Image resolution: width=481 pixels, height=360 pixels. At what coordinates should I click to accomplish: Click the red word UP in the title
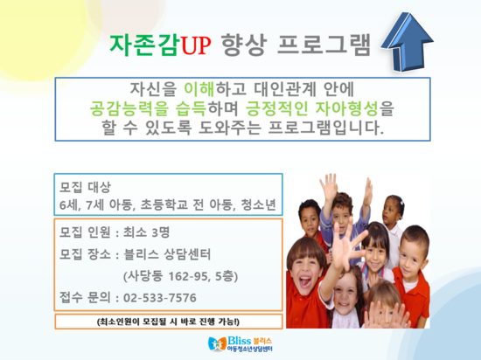(x=196, y=45)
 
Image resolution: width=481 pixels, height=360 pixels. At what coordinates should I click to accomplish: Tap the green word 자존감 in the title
(x=144, y=45)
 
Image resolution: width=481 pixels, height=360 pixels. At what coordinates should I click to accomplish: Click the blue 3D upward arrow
(x=407, y=42)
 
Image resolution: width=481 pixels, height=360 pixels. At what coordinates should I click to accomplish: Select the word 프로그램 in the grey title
(x=324, y=45)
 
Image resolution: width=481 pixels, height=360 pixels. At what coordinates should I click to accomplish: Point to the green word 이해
(x=199, y=89)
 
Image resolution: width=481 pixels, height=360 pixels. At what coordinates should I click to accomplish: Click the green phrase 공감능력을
(x=129, y=108)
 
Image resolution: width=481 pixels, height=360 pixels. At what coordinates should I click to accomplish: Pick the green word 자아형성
(x=346, y=108)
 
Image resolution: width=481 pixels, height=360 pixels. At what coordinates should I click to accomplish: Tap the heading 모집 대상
(x=85, y=187)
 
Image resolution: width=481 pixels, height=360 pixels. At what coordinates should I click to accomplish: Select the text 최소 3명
(x=146, y=232)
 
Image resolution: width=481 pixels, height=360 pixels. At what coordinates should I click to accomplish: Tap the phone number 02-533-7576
(x=159, y=298)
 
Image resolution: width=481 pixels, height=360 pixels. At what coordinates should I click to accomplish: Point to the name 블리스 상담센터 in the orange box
(x=167, y=254)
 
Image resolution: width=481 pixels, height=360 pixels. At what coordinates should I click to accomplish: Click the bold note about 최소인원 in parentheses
(x=169, y=322)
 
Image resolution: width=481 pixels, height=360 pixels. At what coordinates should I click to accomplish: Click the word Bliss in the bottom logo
(x=240, y=341)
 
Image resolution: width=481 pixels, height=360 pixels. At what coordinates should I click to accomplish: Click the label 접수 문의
(x=85, y=298)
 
